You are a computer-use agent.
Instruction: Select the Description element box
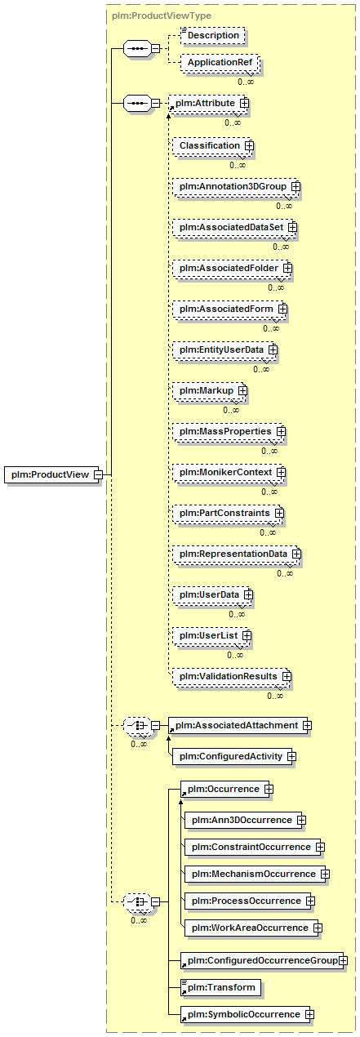pos(213,36)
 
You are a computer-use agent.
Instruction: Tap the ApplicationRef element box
pos(220,63)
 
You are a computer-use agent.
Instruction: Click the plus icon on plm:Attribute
pos(244,103)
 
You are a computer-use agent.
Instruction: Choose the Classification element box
pos(211,146)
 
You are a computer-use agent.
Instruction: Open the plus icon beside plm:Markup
pos(242,391)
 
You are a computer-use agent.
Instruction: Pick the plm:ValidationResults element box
pos(230,676)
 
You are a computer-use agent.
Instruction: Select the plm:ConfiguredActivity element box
pos(233,756)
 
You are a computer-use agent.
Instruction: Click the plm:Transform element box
pos(220,987)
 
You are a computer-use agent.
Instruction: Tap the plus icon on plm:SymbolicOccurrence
pos(309,1014)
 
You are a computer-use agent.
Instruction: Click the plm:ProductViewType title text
pos(162,16)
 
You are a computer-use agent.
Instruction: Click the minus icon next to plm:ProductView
pos(98,474)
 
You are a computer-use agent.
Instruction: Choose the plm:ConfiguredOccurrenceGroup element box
pos(262,960)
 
